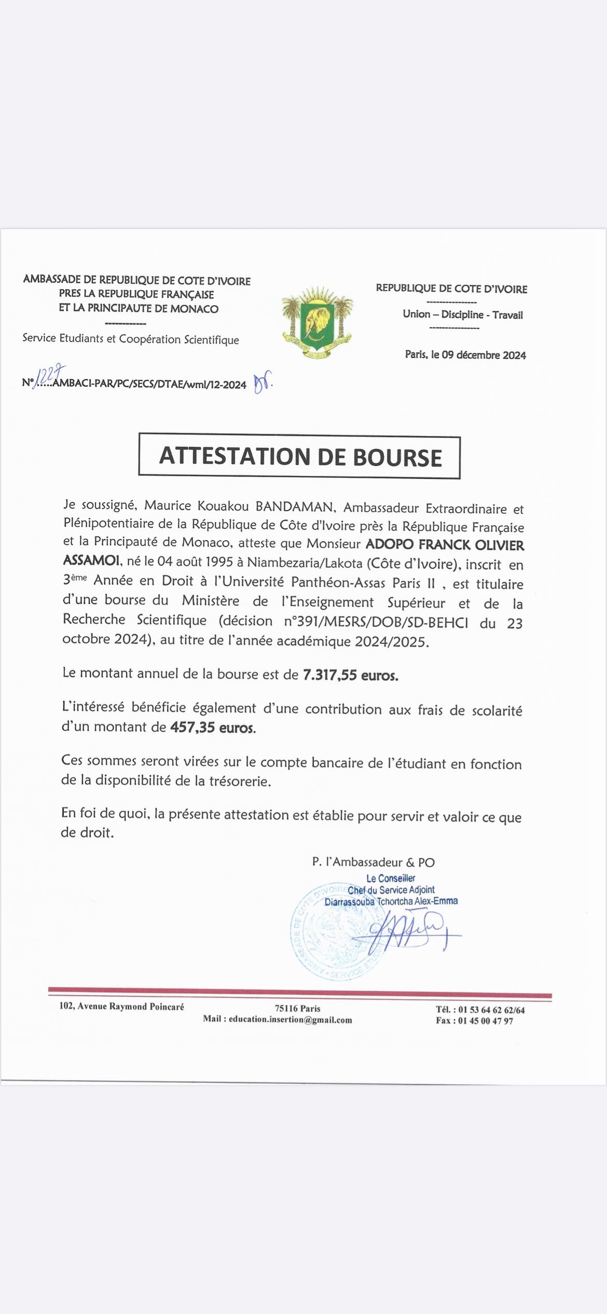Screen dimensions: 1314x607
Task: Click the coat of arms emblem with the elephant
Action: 317,322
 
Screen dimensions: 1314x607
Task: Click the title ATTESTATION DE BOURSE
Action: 300,456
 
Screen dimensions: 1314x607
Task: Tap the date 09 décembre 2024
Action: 484,355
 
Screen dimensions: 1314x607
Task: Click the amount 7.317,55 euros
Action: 351,675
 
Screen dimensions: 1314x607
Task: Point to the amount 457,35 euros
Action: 213,728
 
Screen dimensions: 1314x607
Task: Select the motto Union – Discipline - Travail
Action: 462,314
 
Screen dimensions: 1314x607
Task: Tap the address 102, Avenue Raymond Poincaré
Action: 121,1006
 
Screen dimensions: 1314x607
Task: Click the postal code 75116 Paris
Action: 297,1008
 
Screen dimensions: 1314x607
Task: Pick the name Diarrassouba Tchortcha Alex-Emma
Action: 391,901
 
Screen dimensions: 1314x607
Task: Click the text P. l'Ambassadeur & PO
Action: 373,863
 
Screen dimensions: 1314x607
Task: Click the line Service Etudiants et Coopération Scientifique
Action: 131,339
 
